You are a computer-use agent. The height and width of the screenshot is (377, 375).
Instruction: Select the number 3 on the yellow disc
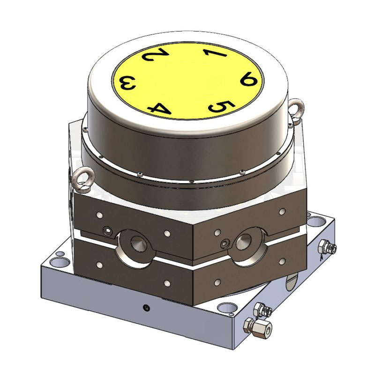pos(128,84)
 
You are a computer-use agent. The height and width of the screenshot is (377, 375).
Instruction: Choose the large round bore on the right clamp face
pos(244,242)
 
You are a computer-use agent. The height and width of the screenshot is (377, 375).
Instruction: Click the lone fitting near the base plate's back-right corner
pos(328,247)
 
